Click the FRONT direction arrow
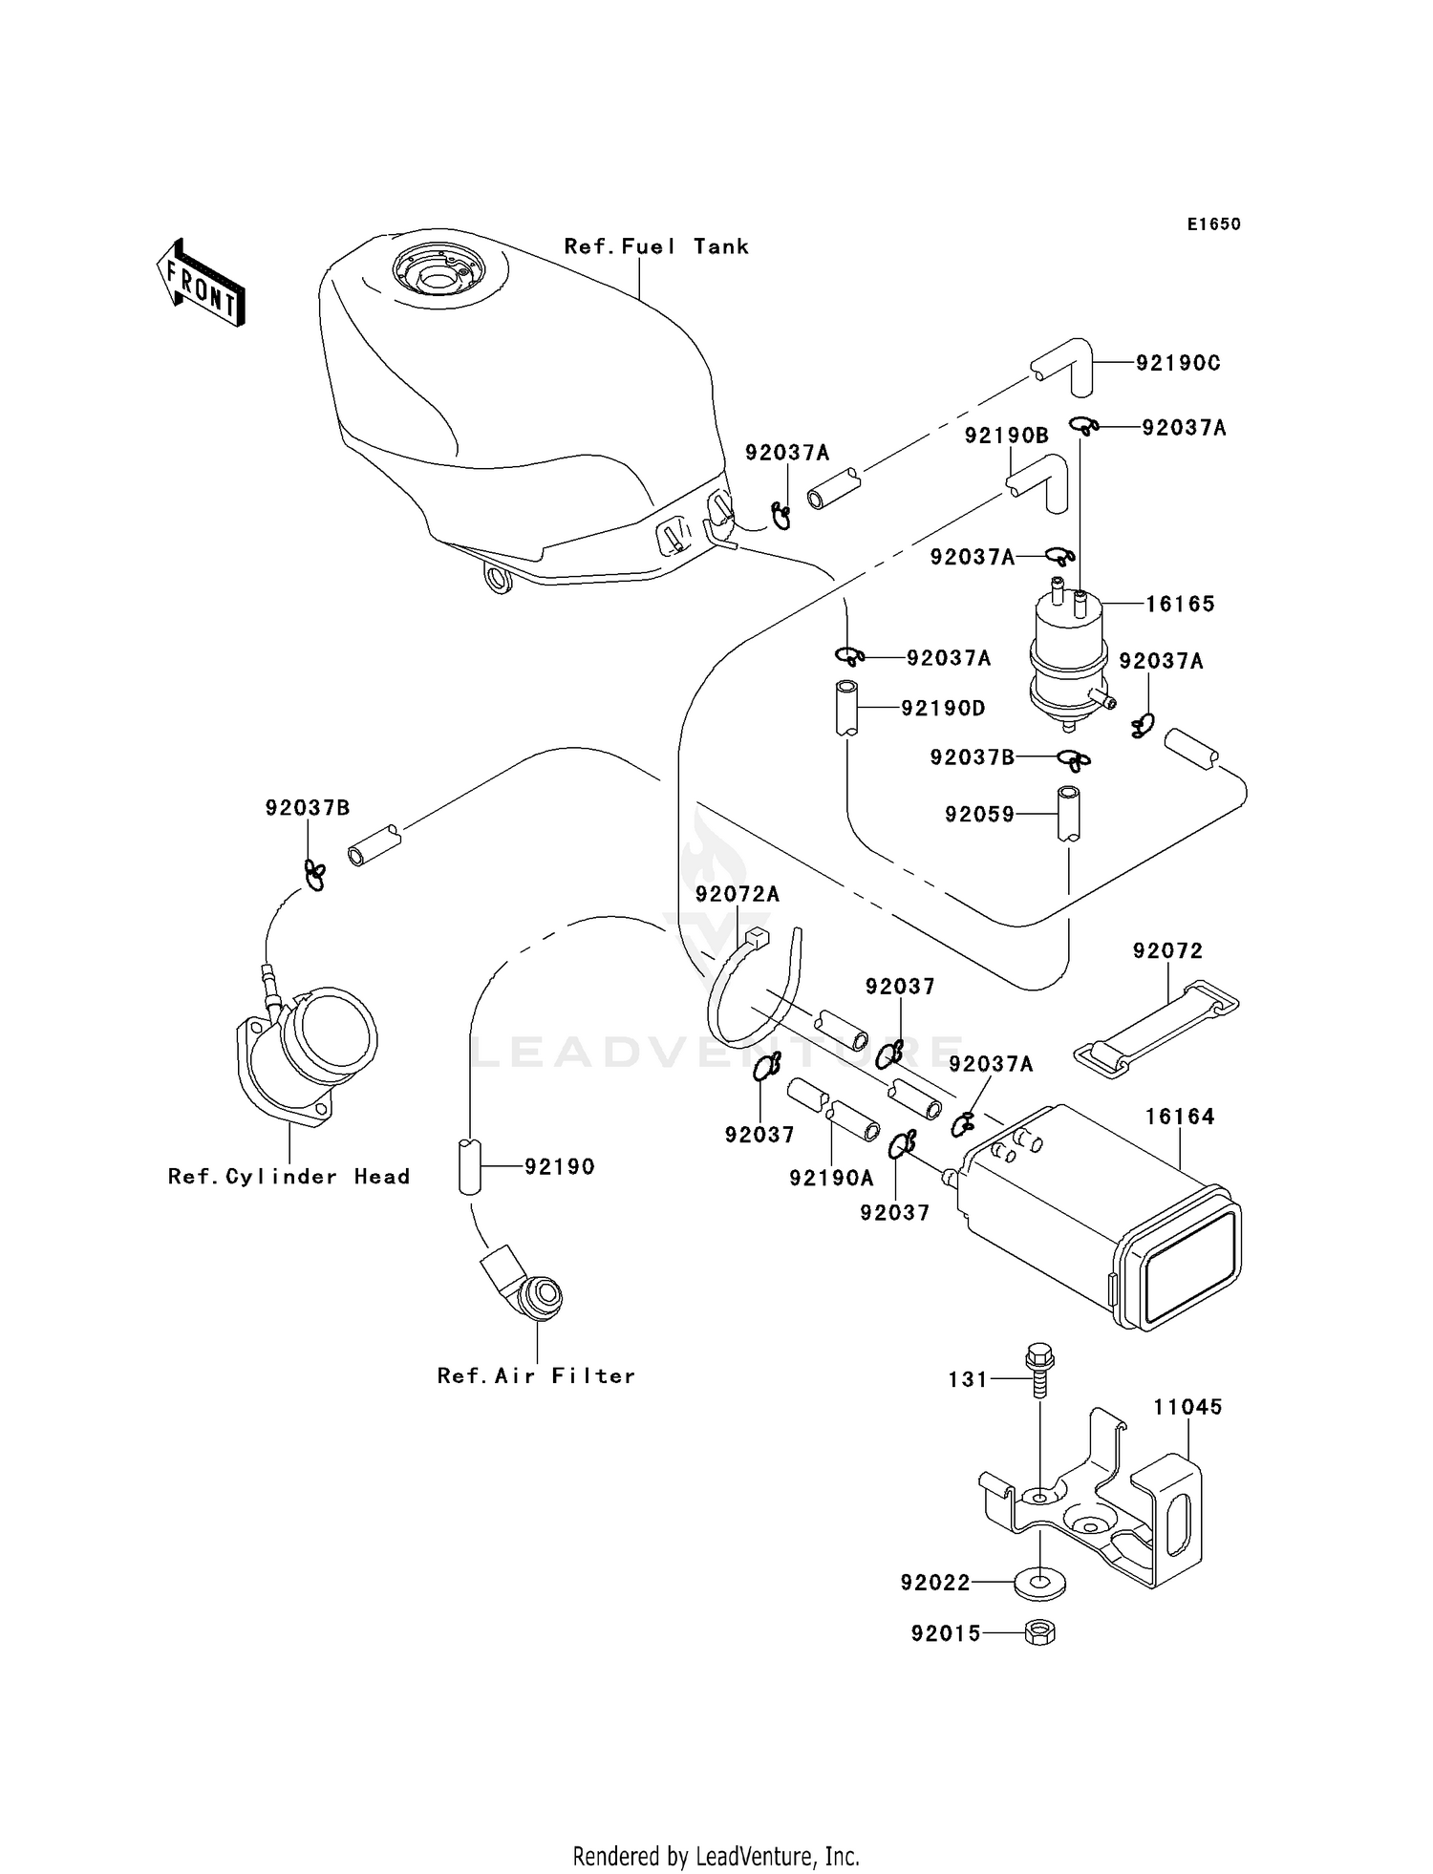[x=201, y=284]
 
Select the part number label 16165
[x=1181, y=604]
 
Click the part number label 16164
[x=1180, y=1117]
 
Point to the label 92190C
[x=1178, y=363]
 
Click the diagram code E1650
[x=1214, y=224]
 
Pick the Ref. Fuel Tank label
[x=656, y=246]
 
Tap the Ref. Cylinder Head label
[x=289, y=1177]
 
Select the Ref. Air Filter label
[x=536, y=1376]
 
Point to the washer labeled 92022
[x=1039, y=1585]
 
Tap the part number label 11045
[x=1187, y=1407]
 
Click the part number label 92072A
[x=738, y=894]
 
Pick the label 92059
[x=979, y=814]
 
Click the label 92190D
[x=943, y=709]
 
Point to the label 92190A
[x=831, y=1179]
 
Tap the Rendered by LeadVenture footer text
[x=716, y=1857]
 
